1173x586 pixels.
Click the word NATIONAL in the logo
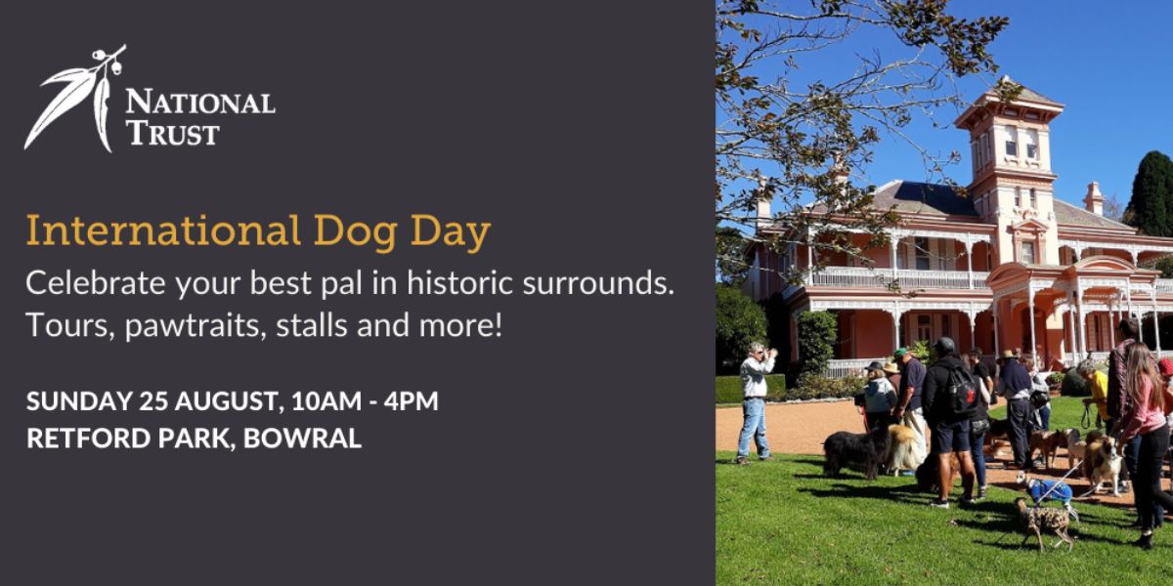point(200,102)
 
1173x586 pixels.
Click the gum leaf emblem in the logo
point(75,99)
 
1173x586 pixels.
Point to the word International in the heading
point(163,230)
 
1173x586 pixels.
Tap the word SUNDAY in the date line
point(79,401)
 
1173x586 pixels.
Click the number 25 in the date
point(153,401)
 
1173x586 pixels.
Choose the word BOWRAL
point(303,438)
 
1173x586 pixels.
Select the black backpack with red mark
point(962,389)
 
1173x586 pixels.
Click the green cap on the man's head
point(900,353)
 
